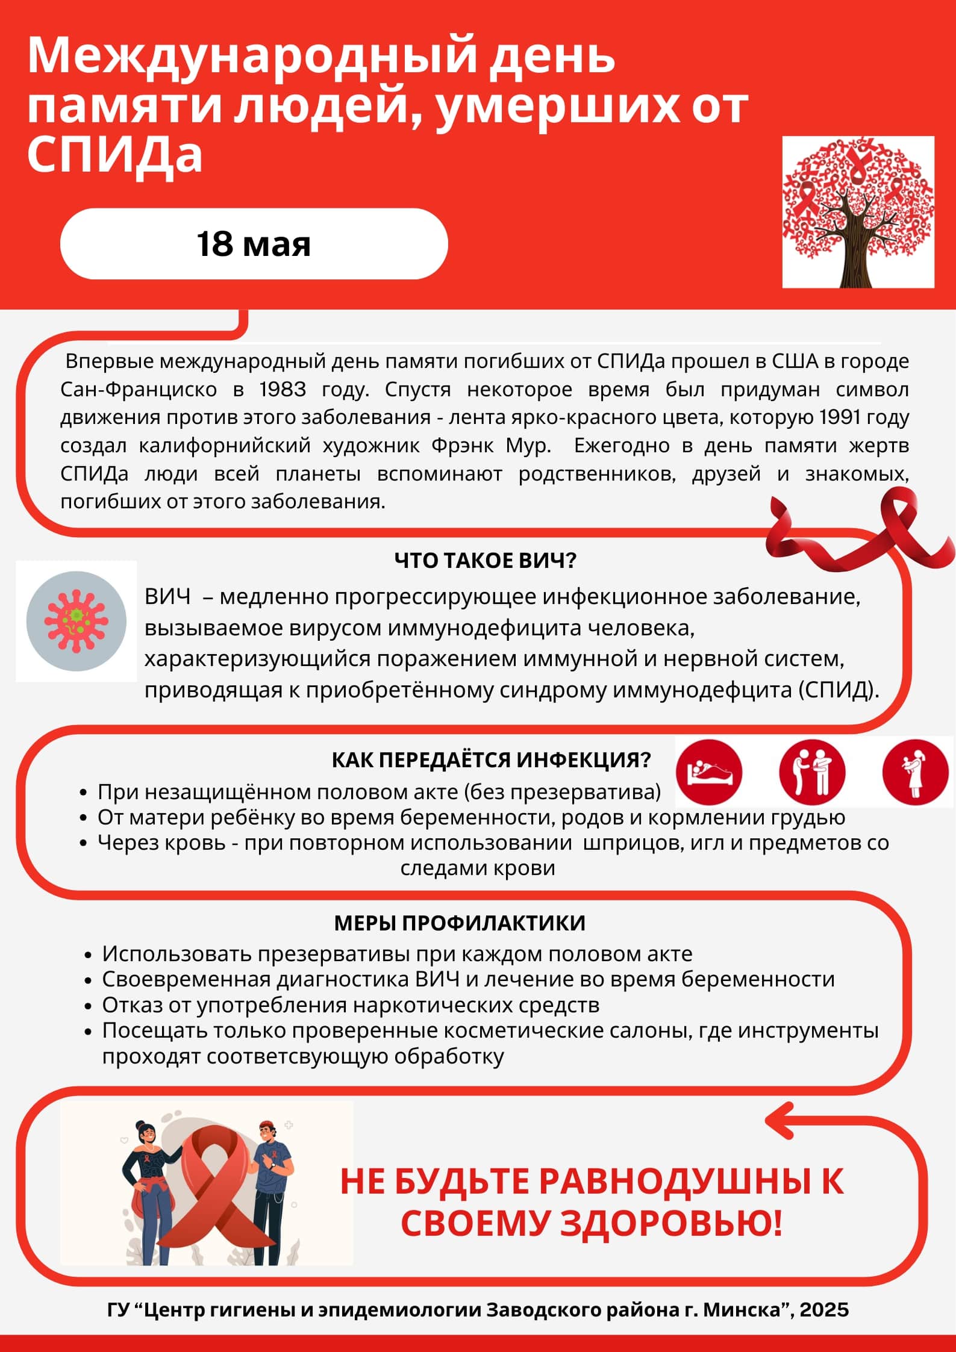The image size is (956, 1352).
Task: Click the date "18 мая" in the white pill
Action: tap(254, 244)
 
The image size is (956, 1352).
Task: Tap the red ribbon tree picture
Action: tap(858, 211)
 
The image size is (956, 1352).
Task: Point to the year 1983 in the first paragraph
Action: tap(283, 390)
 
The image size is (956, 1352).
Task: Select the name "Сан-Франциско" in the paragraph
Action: tap(139, 390)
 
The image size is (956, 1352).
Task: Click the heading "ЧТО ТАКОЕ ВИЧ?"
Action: tap(486, 561)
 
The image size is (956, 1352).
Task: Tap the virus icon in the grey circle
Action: tap(77, 621)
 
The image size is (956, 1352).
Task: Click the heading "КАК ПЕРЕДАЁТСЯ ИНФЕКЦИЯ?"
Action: tap(492, 760)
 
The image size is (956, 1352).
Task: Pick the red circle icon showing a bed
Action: tap(709, 773)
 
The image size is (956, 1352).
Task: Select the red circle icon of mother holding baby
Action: tap(915, 773)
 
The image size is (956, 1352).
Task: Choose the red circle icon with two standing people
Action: tap(812, 773)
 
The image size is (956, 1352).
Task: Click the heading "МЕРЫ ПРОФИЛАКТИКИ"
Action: tap(460, 923)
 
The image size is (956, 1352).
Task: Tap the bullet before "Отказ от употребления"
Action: tap(89, 1006)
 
